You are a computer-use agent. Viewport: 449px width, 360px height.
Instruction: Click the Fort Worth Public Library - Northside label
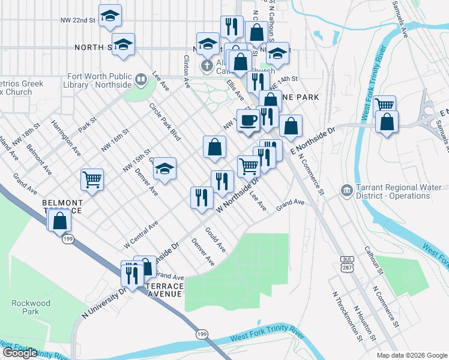tap(100, 80)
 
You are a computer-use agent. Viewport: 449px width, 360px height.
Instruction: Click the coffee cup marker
tap(248, 121)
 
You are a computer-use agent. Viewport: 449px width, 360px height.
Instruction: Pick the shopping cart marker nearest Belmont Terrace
tap(92, 179)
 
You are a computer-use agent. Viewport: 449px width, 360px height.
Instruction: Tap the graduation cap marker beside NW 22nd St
tap(109, 16)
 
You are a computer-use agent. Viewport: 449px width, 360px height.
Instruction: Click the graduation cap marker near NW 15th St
tap(165, 169)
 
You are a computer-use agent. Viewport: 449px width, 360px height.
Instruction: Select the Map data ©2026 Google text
tap(412, 355)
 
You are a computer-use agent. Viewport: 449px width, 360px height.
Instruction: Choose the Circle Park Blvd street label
tap(165, 121)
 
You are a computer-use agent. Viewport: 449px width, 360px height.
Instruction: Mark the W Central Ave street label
tap(141, 235)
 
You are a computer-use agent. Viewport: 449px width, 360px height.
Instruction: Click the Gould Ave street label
tap(215, 239)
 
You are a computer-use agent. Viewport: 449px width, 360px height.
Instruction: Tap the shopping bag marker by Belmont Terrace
tap(60, 221)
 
